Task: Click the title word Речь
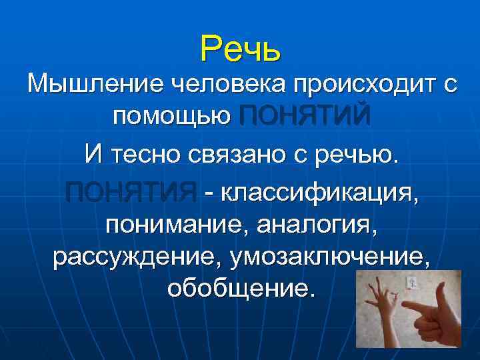tap(241, 48)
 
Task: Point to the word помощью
tap(171, 118)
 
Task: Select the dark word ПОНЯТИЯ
tap(131, 192)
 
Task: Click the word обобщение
tap(239, 289)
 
